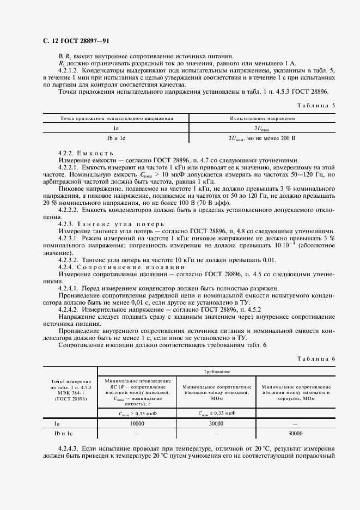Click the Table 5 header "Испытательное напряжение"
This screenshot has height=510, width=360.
tap(263, 118)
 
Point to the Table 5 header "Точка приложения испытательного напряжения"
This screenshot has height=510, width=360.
tap(117, 118)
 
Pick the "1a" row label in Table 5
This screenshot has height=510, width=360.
tap(117, 129)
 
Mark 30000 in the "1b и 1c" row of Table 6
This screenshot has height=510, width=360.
tap(295, 433)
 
